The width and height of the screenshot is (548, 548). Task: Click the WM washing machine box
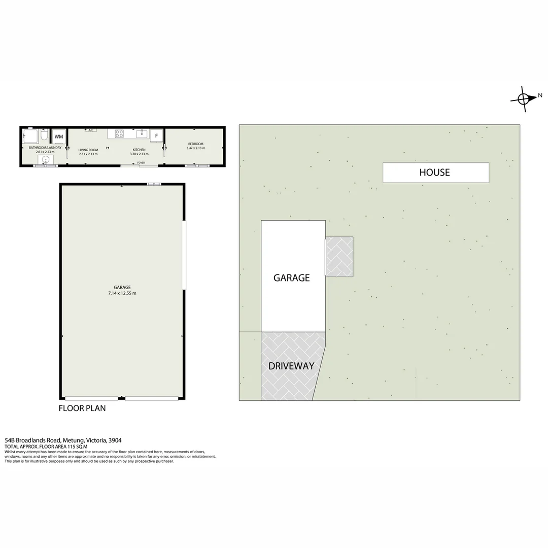click(x=59, y=136)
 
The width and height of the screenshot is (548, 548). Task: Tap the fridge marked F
click(x=156, y=135)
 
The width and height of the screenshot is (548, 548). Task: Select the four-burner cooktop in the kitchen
click(x=119, y=134)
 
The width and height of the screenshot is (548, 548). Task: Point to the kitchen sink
click(x=142, y=134)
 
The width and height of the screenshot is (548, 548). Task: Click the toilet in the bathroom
click(x=44, y=136)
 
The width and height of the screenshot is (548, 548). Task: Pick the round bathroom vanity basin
click(x=46, y=159)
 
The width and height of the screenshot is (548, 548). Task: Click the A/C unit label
click(x=91, y=130)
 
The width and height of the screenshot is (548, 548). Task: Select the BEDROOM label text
click(x=195, y=144)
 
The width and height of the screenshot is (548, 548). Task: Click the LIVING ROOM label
click(x=88, y=150)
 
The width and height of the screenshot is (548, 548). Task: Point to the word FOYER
click(x=141, y=162)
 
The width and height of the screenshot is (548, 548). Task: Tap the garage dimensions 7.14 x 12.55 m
click(x=122, y=293)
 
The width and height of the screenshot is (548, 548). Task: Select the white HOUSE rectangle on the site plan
click(x=435, y=173)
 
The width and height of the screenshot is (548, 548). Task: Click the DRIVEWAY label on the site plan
click(x=291, y=366)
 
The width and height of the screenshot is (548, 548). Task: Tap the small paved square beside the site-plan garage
click(x=339, y=257)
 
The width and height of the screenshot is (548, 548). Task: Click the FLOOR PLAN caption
click(x=82, y=408)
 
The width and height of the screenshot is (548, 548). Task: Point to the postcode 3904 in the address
click(x=115, y=440)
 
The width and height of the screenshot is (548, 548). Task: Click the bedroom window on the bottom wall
click(x=197, y=165)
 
